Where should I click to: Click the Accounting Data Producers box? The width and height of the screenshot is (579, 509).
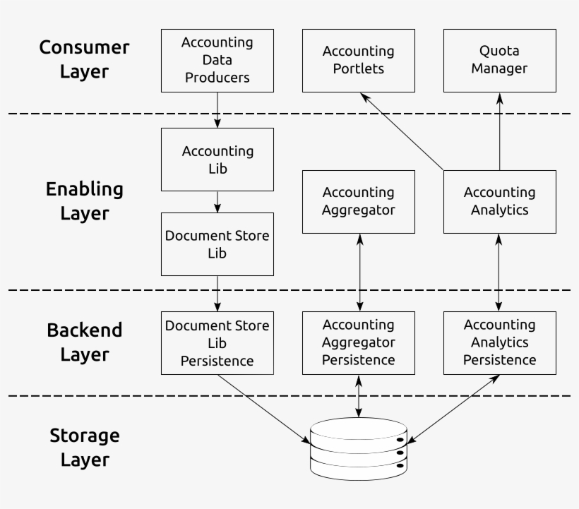pyautogui.click(x=217, y=60)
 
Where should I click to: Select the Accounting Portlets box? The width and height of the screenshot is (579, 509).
pyautogui.click(x=358, y=60)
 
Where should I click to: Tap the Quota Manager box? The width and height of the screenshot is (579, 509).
pyautogui.click(x=499, y=60)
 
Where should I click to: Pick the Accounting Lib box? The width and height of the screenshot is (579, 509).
pyautogui.click(x=217, y=160)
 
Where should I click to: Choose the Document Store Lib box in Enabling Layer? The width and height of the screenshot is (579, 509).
pyautogui.click(x=217, y=244)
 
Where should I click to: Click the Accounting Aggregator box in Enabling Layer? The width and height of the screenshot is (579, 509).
pyautogui.click(x=358, y=201)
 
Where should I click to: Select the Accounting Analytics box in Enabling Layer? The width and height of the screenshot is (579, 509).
pyautogui.click(x=499, y=201)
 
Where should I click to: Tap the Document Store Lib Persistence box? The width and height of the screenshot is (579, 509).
pyautogui.click(x=217, y=343)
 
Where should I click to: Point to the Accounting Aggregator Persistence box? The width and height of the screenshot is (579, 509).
pyautogui.click(x=358, y=343)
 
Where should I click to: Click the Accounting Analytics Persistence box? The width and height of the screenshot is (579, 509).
pyautogui.click(x=499, y=343)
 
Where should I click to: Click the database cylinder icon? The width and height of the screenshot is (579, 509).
pyautogui.click(x=359, y=446)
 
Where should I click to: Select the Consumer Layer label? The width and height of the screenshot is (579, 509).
pyautogui.click(x=84, y=59)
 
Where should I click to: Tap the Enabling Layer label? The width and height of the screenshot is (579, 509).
pyautogui.click(x=84, y=201)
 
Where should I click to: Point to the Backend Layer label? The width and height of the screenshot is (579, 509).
pyautogui.click(x=84, y=342)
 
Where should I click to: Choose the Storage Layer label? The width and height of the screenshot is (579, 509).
pyautogui.click(x=84, y=448)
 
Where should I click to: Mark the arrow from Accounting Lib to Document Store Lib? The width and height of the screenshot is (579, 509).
pyautogui.click(x=217, y=202)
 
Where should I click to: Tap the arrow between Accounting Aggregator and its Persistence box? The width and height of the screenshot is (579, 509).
pyautogui.click(x=359, y=273)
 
